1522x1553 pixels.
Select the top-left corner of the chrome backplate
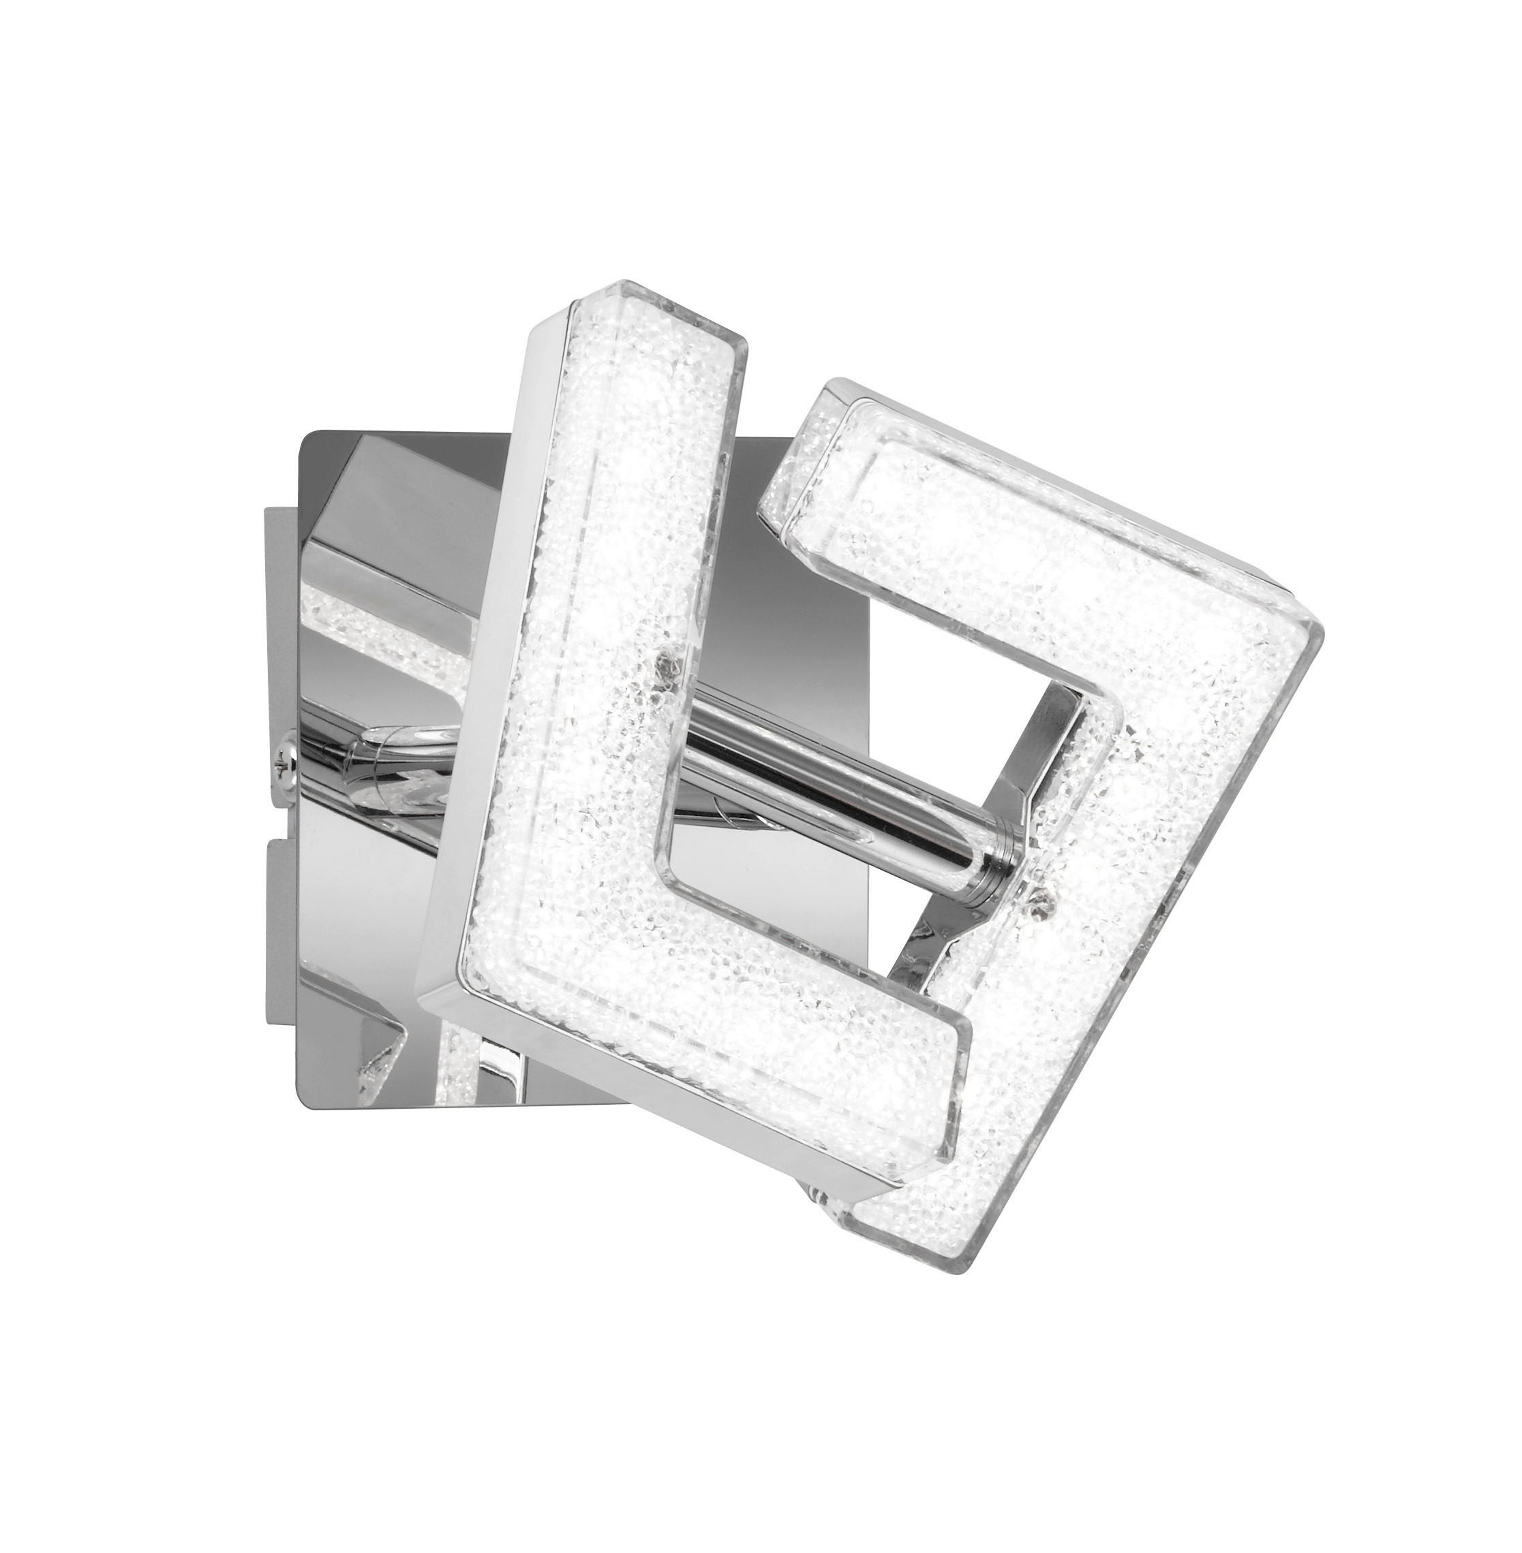click(304, 435)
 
